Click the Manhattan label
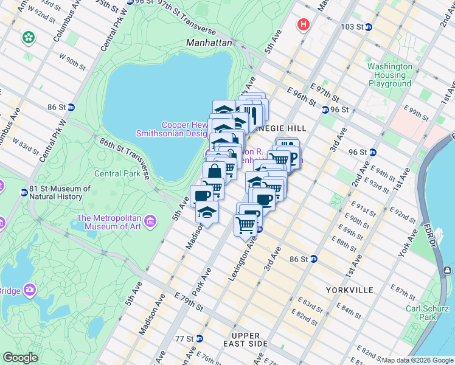[209, 43]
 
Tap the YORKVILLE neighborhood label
[349, 290]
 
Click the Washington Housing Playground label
[390, 75]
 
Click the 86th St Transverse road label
[125, 157]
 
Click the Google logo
[20, 358]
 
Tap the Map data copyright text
[417, 360]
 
